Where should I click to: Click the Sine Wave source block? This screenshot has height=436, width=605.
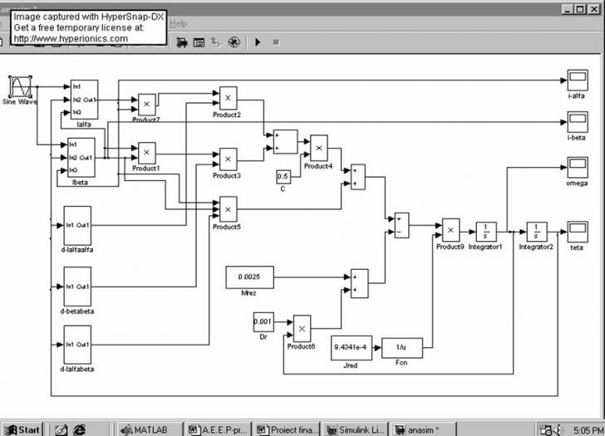(x=21, y=87)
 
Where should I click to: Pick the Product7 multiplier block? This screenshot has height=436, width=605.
(x=146, y=104)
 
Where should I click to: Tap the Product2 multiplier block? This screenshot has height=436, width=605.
(x=226, y=97)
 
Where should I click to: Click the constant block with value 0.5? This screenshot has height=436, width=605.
(x=283, y=176)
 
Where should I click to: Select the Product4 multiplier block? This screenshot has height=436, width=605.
(x=318, y=147)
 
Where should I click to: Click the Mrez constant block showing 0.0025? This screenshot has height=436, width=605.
(x=249, y=277)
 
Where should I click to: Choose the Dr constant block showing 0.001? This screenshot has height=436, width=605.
(x=263, y=321)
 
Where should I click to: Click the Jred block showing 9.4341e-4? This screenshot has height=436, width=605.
(x=352, y=348)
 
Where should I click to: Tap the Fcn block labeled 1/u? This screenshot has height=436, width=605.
(x=401, y=348)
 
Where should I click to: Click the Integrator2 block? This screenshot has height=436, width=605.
(x=536, y=231)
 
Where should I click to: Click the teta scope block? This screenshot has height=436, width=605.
(x=577, y=230)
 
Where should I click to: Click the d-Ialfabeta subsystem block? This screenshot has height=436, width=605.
(x=78, y=344)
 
